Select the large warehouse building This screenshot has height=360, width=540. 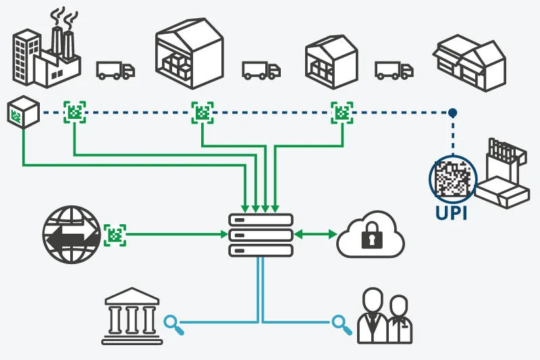[189, 54]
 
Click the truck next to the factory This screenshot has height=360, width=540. [115, 70]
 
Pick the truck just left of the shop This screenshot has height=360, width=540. [394, 70]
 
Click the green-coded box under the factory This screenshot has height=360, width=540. [23, 111]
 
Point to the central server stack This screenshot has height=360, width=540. [260, 234]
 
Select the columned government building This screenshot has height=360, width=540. [132, 316]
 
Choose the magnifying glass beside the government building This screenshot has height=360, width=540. [175, 323]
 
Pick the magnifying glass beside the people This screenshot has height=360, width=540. [342, 324]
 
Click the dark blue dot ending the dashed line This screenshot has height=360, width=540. [453, 112]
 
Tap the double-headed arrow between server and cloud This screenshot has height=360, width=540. [315, 234]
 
